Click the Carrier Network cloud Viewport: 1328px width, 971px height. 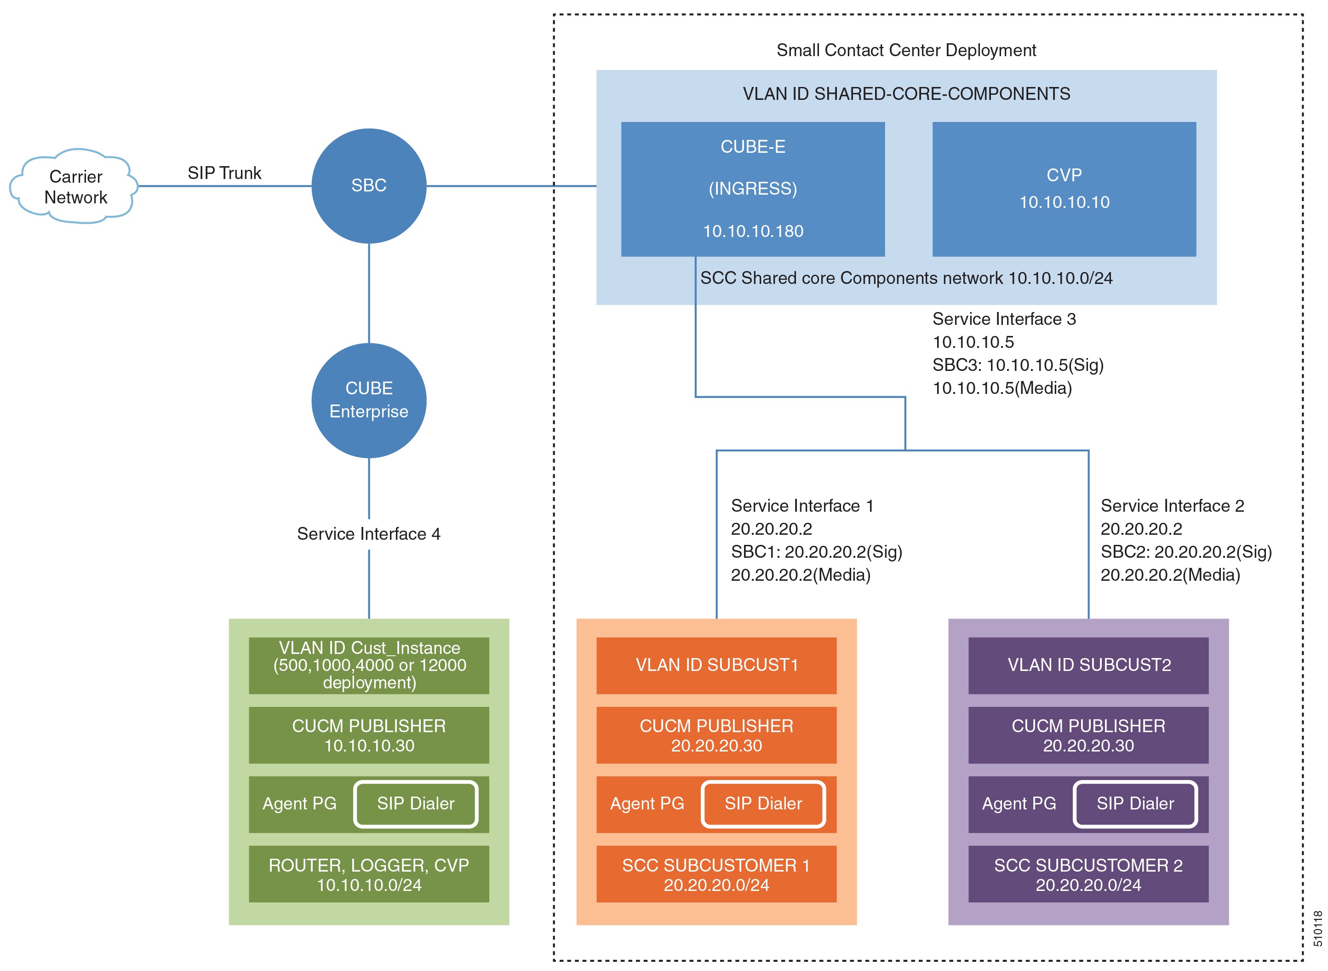click(x=74, y=186)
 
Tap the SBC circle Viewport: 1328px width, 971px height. click(x=368, y=186)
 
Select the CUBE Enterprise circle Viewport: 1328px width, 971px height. click(x=368, y=400)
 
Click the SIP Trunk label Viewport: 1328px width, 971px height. click(x=224, y=173)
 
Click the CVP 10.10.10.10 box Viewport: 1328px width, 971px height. click(x=1064, y=189)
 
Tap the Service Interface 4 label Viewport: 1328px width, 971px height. click(x=368, y=534)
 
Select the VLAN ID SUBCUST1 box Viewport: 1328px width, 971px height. click(x=716, y=665)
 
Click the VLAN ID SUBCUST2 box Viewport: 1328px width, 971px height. click(x=1088, y=665)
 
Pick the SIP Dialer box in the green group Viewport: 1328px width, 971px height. click(x=416, y=803)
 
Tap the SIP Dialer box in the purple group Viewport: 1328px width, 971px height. click(x=1135, y=803)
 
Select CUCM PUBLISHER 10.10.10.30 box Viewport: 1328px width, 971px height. click(x=368, y=735)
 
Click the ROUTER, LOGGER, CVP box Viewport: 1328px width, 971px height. click(x=368, y=874)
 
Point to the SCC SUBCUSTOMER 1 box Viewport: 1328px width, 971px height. click(x=716, y=874)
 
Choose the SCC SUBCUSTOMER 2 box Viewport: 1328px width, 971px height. click(x=1088, y=874)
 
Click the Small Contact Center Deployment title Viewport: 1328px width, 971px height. click(x=906, y=51)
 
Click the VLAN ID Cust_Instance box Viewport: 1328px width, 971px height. click(x=368, y=665)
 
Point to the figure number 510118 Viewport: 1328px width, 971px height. click(x=1317, y=929)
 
